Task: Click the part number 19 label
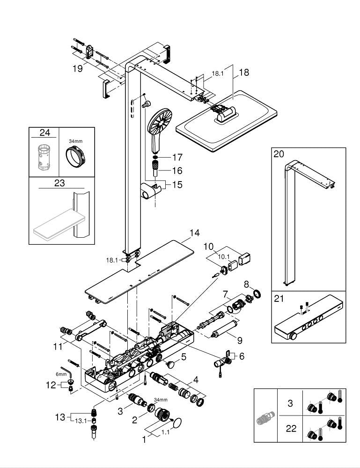click(x=77, y=68)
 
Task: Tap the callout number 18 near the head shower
click(x=244, y=73)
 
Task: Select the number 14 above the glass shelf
click(x=194, y=233)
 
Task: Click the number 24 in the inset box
click(x=44, y=134)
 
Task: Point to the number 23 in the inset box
click(x=59, y=183)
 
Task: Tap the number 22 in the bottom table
click(x=291, y=428)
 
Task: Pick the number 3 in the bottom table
click(x=290, y=402)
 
